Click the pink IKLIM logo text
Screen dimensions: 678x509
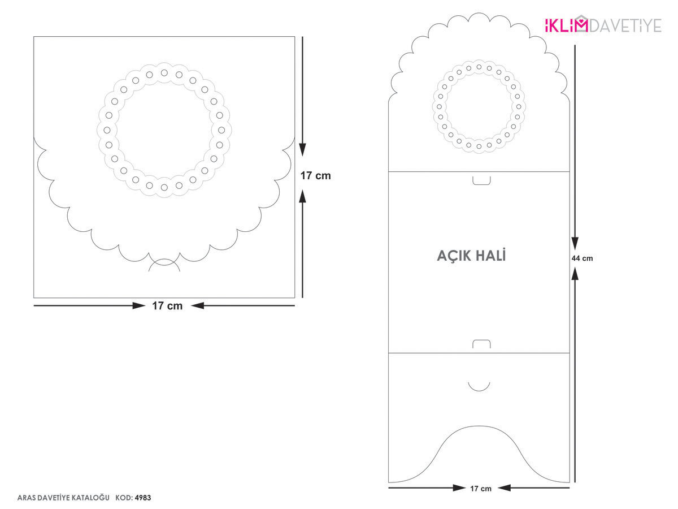567,25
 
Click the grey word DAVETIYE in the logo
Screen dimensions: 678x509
625,25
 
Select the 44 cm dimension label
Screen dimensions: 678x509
582,258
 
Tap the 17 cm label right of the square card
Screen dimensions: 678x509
315,175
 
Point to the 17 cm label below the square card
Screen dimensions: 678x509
167,305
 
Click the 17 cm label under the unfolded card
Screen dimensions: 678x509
481,489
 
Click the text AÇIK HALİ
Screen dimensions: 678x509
471,255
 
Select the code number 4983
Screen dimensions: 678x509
143,498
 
